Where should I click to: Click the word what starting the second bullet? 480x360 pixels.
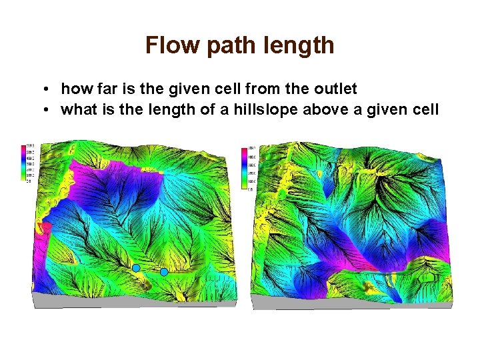(x=77, y=109)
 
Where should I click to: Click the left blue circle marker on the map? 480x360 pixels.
(x=136, y=267)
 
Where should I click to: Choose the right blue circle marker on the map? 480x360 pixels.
(x=164, y=271)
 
